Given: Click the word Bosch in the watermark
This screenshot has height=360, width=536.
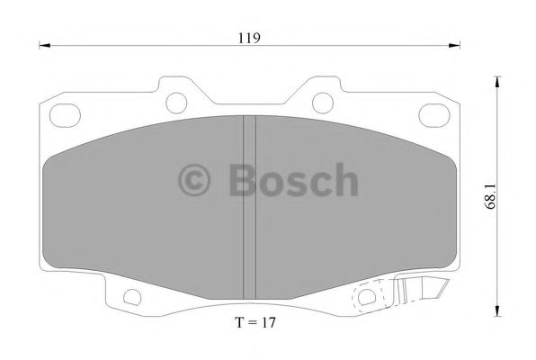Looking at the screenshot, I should (x=292, y=180).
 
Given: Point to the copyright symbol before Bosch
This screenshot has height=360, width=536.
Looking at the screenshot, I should (x=196, y=181).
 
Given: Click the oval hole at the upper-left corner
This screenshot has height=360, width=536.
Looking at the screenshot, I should (x=64, y=115).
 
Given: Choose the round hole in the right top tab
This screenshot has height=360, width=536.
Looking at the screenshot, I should (x=322, y=100).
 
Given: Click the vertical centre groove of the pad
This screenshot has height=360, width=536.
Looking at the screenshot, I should (x=250, y=207).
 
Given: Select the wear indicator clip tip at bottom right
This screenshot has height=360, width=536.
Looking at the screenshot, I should (x=440, y=290).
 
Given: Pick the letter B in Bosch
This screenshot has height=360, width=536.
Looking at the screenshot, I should (x=242, y=180).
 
